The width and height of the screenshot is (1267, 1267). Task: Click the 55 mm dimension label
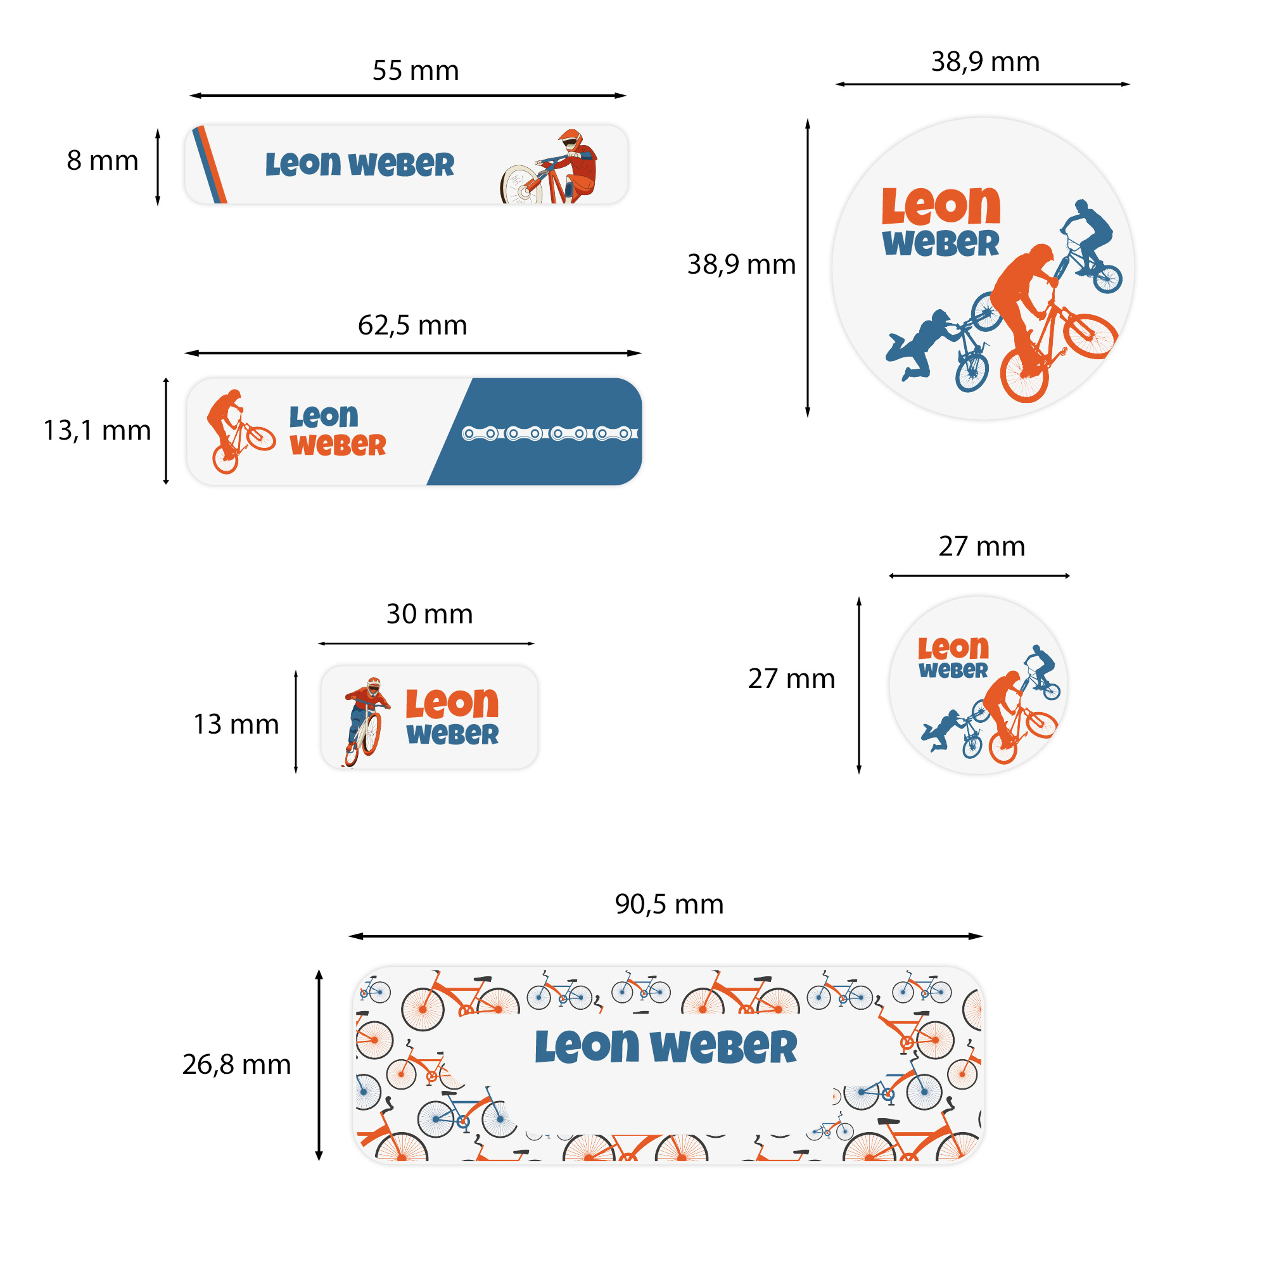point(415,71)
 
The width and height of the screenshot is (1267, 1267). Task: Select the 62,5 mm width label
point(412,325)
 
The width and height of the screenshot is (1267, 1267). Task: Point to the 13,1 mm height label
point(96,431)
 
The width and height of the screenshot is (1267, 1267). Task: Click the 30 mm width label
point(429,614)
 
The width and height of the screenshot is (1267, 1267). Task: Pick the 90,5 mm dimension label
point(669,905)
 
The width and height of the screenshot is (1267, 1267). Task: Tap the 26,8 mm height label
point(236,1064)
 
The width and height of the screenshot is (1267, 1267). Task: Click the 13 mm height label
point(236,725)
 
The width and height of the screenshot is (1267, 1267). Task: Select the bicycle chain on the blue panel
point(549,433)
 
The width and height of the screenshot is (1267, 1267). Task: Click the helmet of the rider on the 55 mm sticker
point(570,138)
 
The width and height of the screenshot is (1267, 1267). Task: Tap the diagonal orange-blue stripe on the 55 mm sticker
point(209,165)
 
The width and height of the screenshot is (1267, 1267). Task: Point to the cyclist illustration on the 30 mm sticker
point(366,721)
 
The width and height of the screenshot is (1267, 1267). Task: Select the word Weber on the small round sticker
point(952,670)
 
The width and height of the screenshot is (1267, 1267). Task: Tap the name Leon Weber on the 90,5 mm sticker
point(666,1047)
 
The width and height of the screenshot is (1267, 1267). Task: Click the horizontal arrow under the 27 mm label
point(979,576)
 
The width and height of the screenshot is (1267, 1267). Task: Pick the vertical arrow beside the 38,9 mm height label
point(807,267)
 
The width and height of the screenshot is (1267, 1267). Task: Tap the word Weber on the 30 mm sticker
point(452,734)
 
